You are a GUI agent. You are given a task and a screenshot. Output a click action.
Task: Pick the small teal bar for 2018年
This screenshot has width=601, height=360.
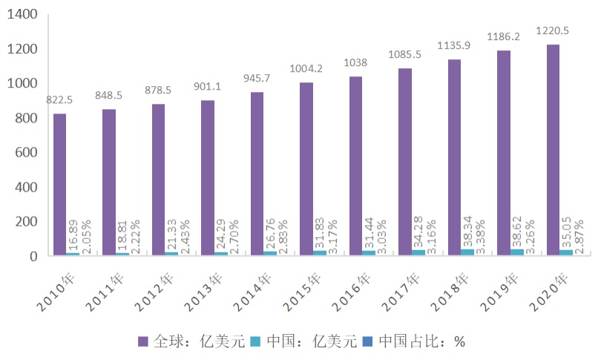[468, 252]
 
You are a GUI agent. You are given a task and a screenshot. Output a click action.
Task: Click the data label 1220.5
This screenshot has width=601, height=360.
[553, 31]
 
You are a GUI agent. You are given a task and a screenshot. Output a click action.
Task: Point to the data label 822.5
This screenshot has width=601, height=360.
[59, 99]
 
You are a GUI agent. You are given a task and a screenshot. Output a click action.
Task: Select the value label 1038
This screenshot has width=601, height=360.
[355, 62]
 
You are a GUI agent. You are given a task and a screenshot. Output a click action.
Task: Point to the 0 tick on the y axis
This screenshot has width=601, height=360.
[34, 256]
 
